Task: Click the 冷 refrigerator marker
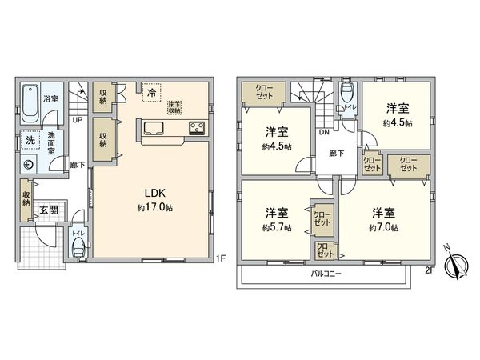coord(151,93)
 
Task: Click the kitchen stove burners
coord(197,127)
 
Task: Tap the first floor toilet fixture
coord(78,246)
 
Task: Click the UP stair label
coord(77,120)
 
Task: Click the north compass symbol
coord(458,264)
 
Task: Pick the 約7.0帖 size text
coord(382,226)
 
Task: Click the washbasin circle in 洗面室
coord(30,166)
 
